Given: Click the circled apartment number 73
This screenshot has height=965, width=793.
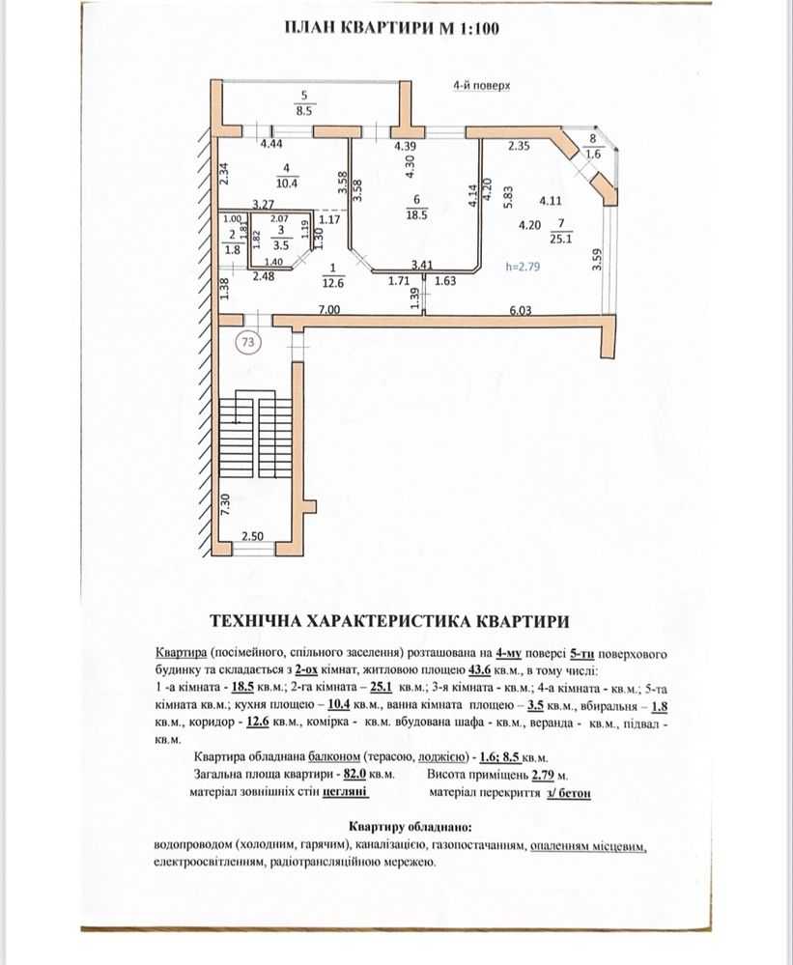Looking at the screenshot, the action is pos(248,342).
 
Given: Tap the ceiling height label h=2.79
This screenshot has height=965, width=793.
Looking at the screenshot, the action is pos(523,267).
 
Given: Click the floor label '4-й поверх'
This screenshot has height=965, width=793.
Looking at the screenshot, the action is pos(481,86).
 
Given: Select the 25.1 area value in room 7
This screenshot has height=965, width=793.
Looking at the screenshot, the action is pos(560,239).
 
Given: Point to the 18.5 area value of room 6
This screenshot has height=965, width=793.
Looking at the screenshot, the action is pos(416,214).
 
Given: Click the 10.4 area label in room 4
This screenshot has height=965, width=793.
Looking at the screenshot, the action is pos(287,183).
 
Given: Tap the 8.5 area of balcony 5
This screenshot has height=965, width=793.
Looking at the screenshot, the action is pos(304,111).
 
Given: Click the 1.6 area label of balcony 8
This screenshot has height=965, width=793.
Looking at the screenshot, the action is pos(592,154).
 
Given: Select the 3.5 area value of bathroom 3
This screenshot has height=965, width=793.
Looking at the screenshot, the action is pos(281,245).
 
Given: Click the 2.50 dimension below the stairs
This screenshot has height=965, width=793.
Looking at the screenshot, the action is pos(252,536).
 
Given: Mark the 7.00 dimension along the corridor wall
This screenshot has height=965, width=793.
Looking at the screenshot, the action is pos(328,309).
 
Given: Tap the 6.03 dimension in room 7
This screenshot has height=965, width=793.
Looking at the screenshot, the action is pos(521,310).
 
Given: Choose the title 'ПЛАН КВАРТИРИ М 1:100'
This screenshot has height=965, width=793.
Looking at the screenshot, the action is pos(392,28).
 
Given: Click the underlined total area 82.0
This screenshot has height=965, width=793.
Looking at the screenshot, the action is pos(355,774).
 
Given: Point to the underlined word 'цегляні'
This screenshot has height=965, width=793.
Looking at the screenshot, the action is pos(346,792).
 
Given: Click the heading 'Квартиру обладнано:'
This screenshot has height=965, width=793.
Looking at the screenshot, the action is pos(411,827).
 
